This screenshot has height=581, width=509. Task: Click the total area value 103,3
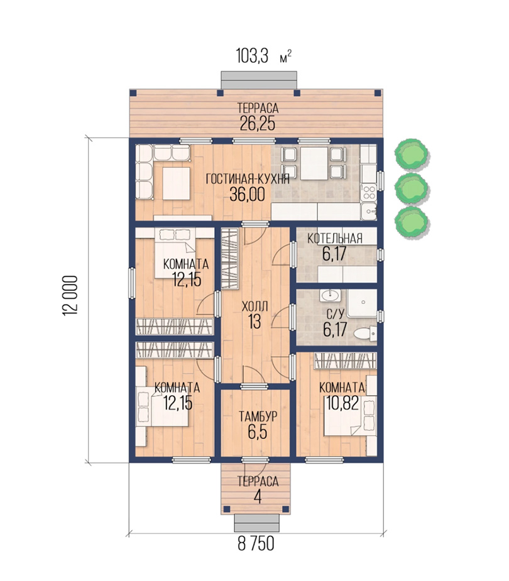click(252, 57)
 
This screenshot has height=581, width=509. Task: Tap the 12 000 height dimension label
click(70, 295)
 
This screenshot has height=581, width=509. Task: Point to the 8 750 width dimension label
click(256, 543)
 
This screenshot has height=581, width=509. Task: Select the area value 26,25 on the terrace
click(258, 123)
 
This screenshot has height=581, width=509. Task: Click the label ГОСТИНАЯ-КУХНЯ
click(248, 180)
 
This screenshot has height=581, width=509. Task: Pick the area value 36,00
click(247, 194)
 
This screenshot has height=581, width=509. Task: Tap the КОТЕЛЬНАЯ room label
click(335, 239)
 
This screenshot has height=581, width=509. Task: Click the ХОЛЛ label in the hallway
click(255, 307)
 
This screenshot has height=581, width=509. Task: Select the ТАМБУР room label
click(258, 416)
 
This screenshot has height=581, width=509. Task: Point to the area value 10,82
click(342, 403)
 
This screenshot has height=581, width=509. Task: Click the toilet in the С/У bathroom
click(365, 333)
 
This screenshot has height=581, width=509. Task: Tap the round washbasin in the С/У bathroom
click(331, 295)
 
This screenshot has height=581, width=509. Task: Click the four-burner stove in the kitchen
click(368, 193)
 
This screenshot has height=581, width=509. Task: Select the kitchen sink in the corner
click(368, 211)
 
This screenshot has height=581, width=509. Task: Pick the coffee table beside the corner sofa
click(177, 183)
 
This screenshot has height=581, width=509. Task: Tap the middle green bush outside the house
click(412, 188)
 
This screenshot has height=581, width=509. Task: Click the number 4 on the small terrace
click(258, 497)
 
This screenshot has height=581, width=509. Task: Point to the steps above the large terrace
click(259, 80)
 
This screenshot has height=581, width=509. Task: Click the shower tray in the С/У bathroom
click(362, 303)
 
